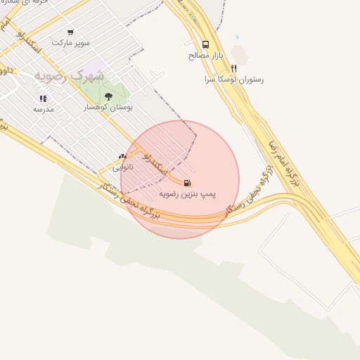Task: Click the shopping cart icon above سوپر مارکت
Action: [70, 32]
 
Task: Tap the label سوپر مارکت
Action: [70, 43]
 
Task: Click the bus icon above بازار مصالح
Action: [205, 44]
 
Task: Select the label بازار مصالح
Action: [205, 55]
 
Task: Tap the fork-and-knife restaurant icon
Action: [233, 69]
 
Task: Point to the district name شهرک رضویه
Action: [70, 75]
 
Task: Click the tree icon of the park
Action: [108, 96]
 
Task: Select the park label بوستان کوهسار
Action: [108, 107]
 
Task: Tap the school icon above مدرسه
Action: [43, 99]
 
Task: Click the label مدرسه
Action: [43, 109]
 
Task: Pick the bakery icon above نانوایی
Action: [123, 157]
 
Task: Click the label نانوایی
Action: [123, 167]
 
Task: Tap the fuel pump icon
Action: [187, 183]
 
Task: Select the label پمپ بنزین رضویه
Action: [188, 193]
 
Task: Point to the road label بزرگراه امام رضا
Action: [283, 169]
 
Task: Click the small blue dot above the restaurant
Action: [237, 37]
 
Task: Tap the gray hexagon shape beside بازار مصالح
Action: [240, 53]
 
